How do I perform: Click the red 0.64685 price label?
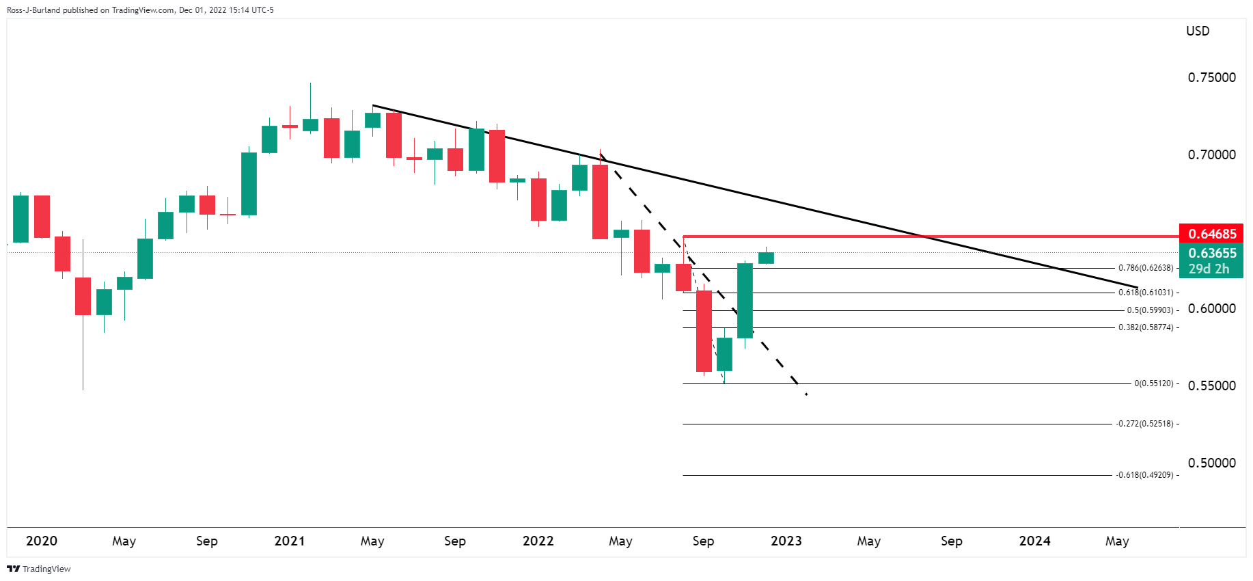click(x=1212, y=234)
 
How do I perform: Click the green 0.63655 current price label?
click(x=1212, y=253)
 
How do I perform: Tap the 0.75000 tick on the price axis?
click(x=1211, y=77)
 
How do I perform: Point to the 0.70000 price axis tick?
click(x=1211, y=154)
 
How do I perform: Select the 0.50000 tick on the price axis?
click(x=1211, y=463)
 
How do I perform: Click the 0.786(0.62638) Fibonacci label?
click(x=1145, y=268)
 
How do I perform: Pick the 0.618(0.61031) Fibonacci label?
click(x=1145, y=293)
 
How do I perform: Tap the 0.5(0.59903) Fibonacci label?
click(x=1150, y=310)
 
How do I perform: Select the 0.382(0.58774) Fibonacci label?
click(x=1145, y=327)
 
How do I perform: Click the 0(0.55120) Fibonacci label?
click(x=1153, y=383)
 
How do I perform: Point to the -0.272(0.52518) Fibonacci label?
click(x=1144, y=424)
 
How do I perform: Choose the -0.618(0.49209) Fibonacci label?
click(x=1144, y=475)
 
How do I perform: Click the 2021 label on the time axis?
click(x=290, y=541)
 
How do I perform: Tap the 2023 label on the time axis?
click(x=786, y=541)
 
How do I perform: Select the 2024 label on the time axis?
click(x=1034, y=541)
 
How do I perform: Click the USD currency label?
click(x=1198, y=31)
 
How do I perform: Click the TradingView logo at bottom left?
click(x=39, y=569)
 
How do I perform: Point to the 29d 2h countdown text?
click(x=1209, y=269)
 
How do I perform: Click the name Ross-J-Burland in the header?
click(x=33, y=10)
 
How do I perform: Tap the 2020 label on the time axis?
click(x=42, y=541)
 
